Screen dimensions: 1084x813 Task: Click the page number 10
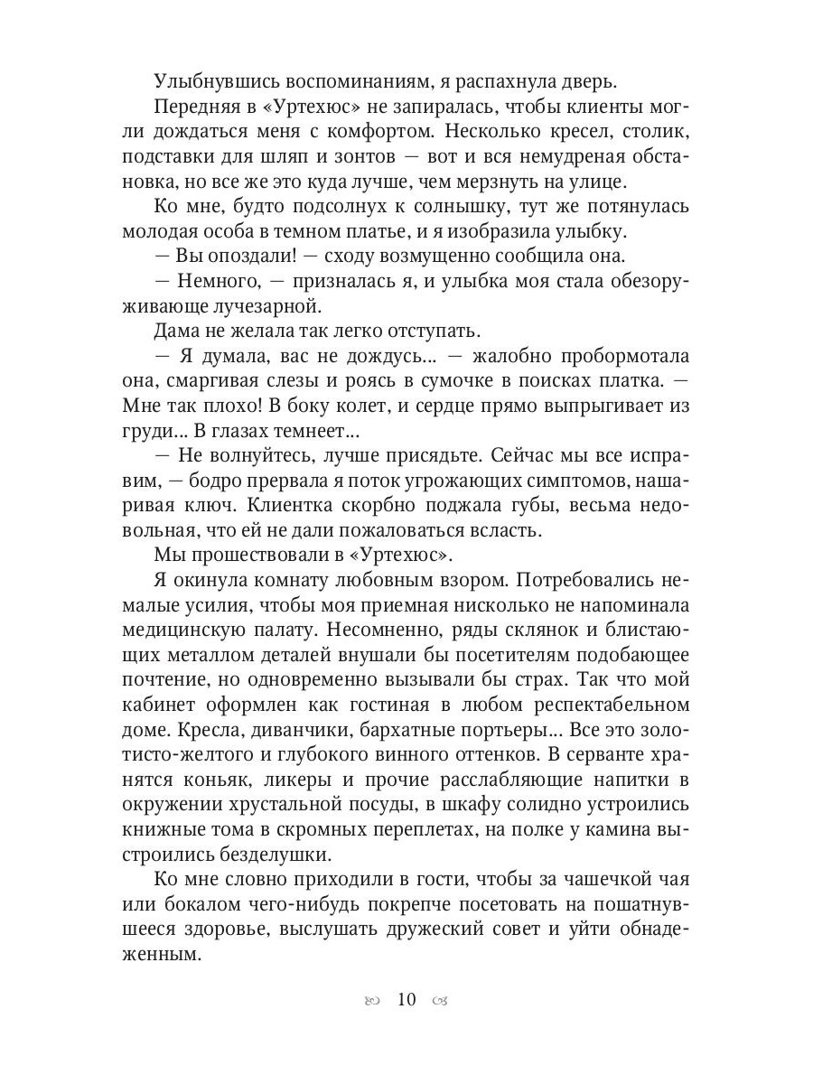[x=406, y=1000]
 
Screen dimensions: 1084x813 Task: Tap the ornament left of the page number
[x=370, y=1001]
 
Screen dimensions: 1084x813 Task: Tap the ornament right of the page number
[x=442, y=1001]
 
